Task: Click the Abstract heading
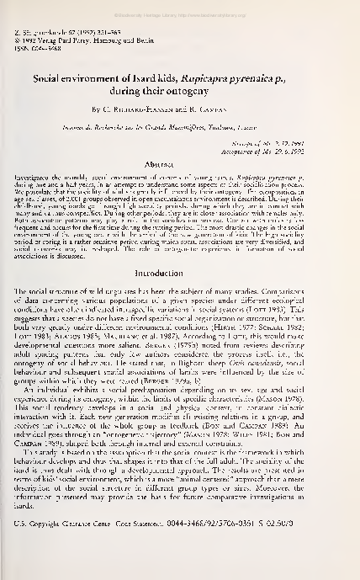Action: click(179, 166)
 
